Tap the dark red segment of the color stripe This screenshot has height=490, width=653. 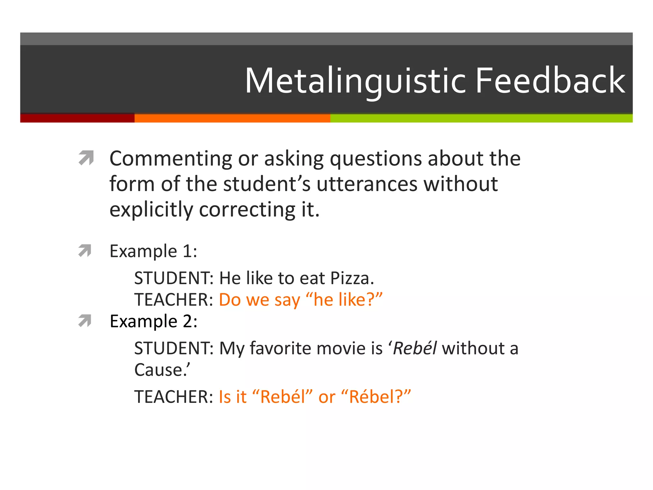click(77, 118)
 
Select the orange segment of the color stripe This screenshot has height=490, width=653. click(232, 118)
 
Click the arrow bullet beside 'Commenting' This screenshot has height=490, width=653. click(86, 158)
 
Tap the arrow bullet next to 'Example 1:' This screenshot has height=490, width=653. click(85, 250)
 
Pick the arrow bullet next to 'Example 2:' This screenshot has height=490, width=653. click(85, 321)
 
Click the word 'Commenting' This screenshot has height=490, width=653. click(171, 159)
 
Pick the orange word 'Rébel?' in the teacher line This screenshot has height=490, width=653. click(376, 397)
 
